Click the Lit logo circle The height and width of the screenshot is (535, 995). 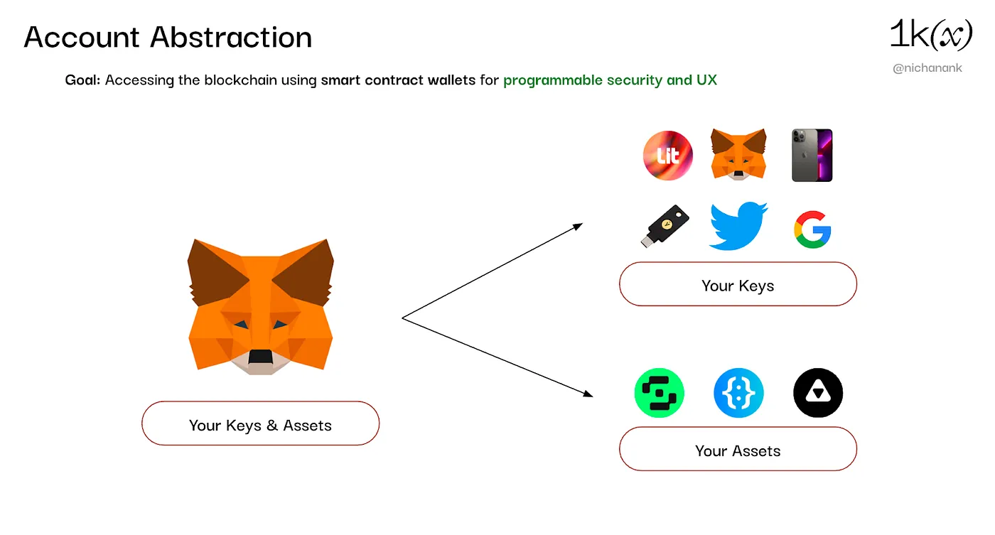tap(667, 156)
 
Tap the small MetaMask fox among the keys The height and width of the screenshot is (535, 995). tap(738, 154)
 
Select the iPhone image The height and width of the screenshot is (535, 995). tap(812, 156)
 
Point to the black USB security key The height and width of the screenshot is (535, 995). tap(665, 226)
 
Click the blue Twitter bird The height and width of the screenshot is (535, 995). tap(738, 226)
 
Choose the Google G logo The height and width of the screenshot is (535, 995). tap(812, 229)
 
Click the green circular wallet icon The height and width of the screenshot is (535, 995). tap(660, 393)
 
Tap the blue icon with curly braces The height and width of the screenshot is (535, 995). tap(738, 393)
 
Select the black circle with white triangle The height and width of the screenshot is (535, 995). tap(818, 393)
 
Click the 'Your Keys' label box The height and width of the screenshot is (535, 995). tap(738, 284)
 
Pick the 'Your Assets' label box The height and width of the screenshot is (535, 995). tap(738, 449)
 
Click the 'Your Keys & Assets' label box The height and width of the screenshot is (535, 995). tap(260, 423)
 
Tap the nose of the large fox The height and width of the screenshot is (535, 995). tap(260, 357)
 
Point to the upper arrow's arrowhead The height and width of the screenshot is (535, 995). tap(577, 227)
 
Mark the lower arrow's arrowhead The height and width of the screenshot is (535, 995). tap(588, 394)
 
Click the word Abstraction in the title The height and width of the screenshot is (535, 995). tap(231, 37)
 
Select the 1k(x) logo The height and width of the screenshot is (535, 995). tap(931, 34)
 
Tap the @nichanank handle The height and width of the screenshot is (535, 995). tap(927, 68)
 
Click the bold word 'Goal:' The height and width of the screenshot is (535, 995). tap(82, 80)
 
